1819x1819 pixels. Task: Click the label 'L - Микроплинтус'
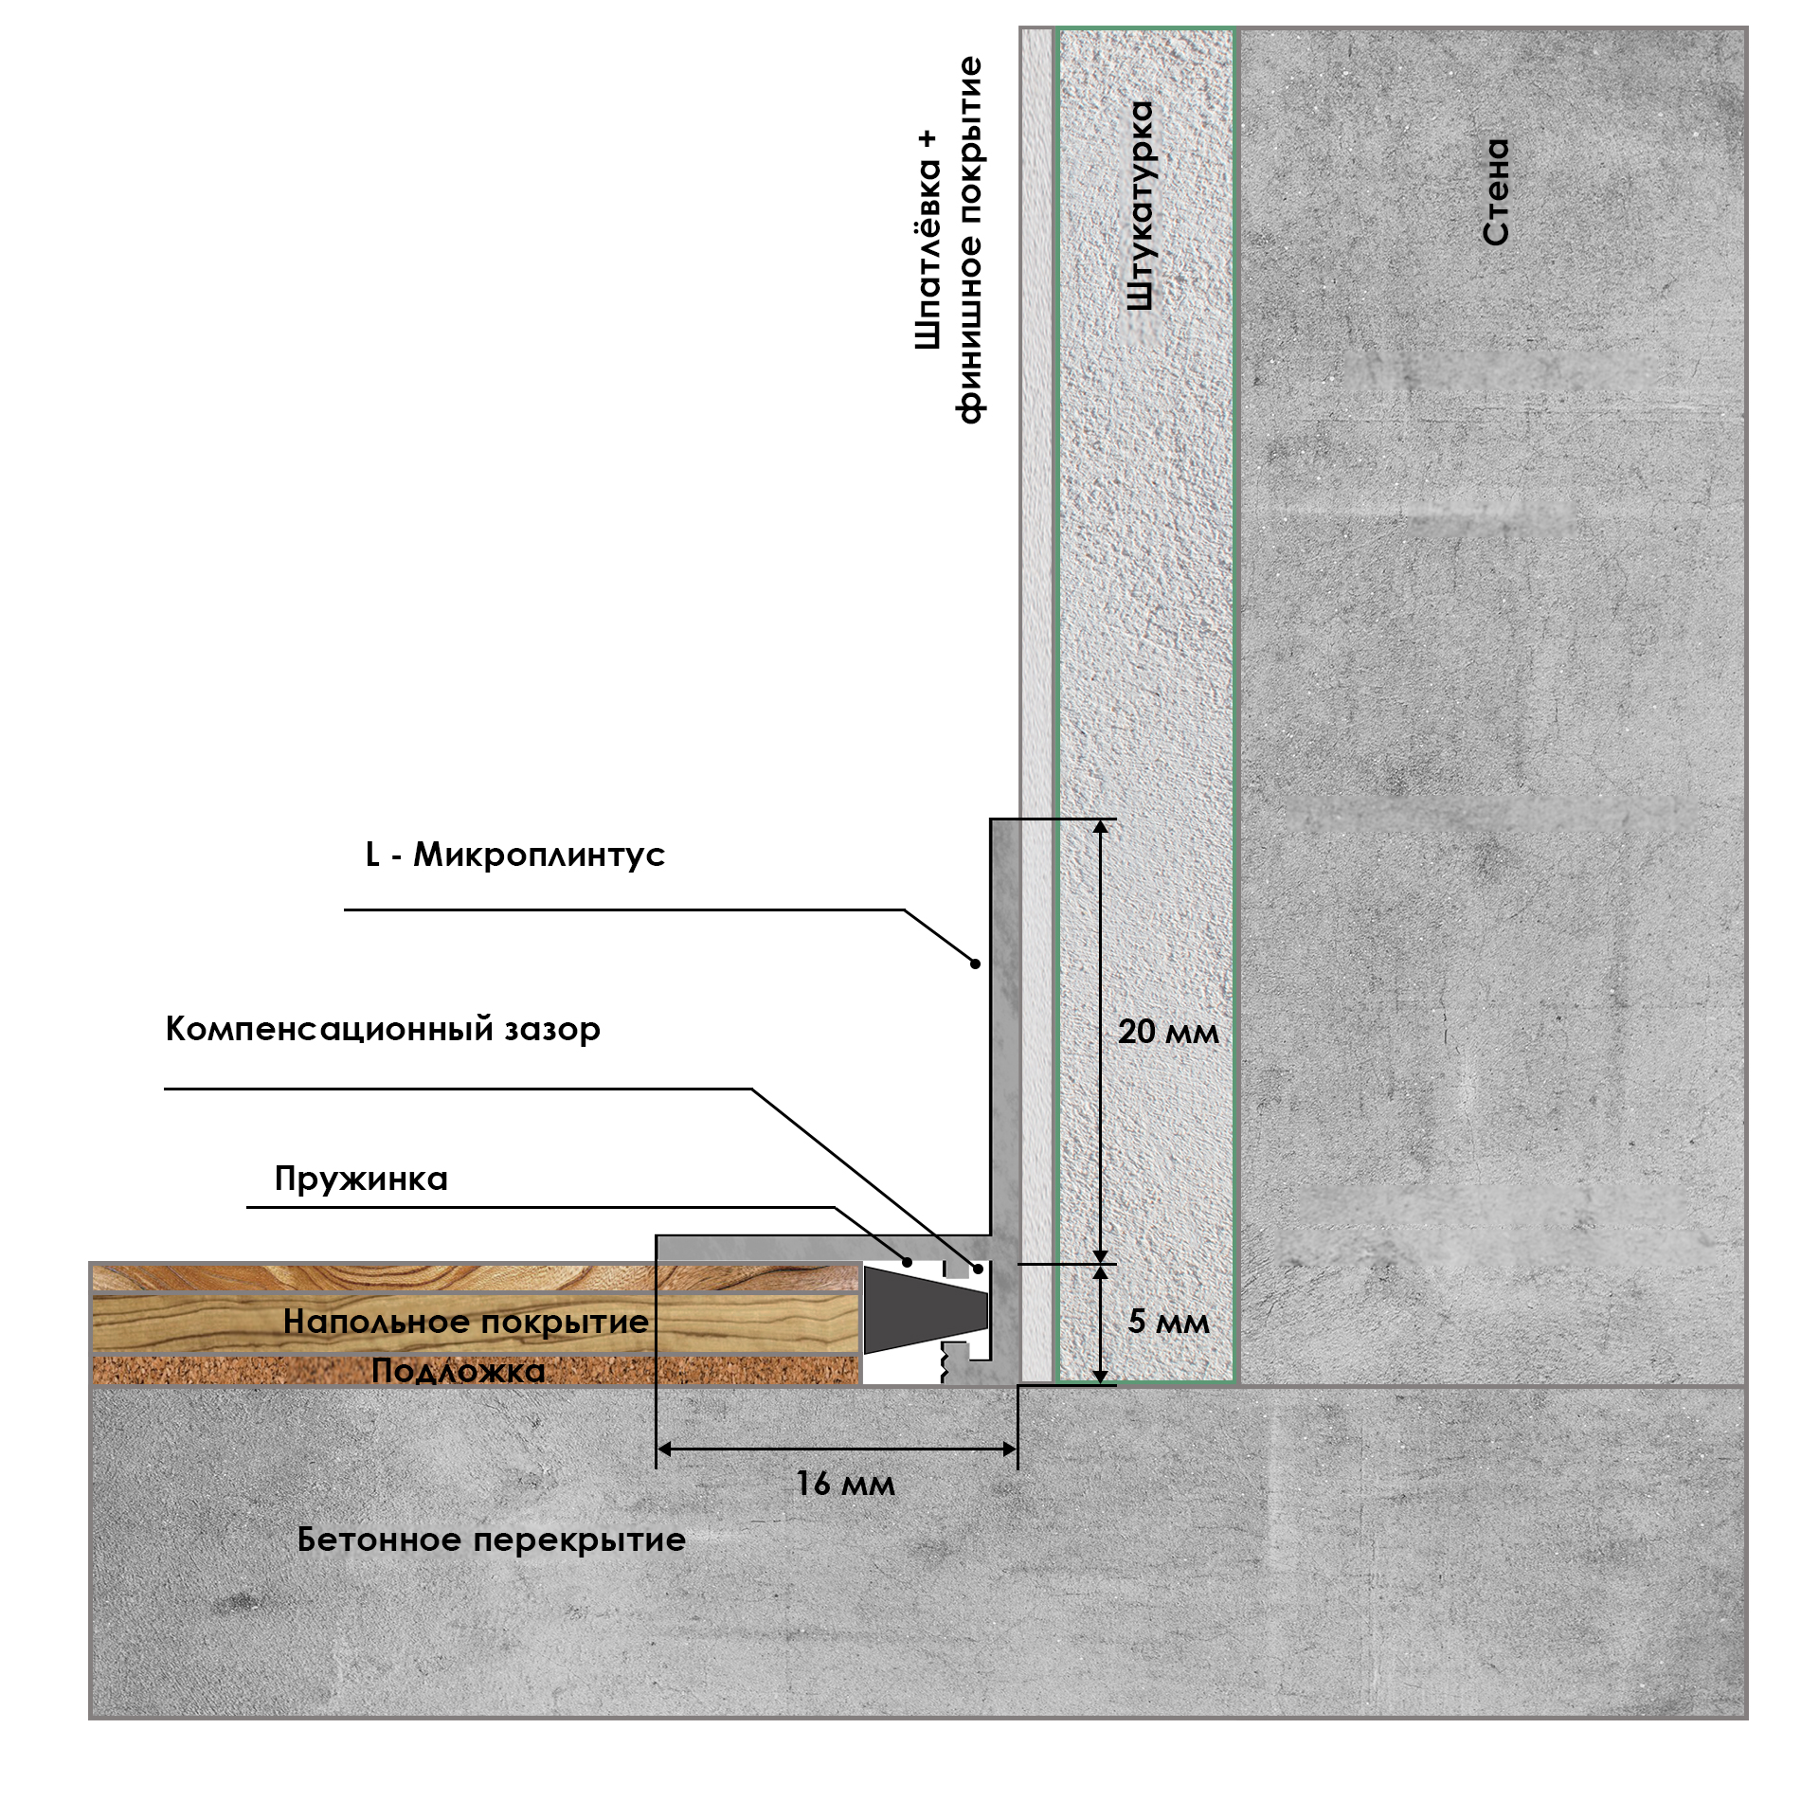515,855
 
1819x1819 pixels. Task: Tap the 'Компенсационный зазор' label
383,1029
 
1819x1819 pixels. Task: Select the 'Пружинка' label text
361,1179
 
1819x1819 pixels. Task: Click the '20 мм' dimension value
1168,1032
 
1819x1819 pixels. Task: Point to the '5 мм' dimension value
1168,1322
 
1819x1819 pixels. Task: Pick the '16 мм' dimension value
845,1483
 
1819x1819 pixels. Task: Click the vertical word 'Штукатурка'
1141,206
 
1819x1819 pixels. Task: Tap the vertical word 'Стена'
1496,192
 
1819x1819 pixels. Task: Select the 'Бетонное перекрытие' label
491,1540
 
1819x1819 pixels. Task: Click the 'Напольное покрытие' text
466,1322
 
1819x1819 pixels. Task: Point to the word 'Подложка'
459,1371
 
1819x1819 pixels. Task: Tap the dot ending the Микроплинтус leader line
975,964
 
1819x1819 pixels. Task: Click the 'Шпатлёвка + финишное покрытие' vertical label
948,242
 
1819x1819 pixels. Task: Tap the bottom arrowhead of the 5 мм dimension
1100,1376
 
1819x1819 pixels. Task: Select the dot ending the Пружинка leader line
907,1262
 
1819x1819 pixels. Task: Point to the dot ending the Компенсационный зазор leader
978,1269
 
